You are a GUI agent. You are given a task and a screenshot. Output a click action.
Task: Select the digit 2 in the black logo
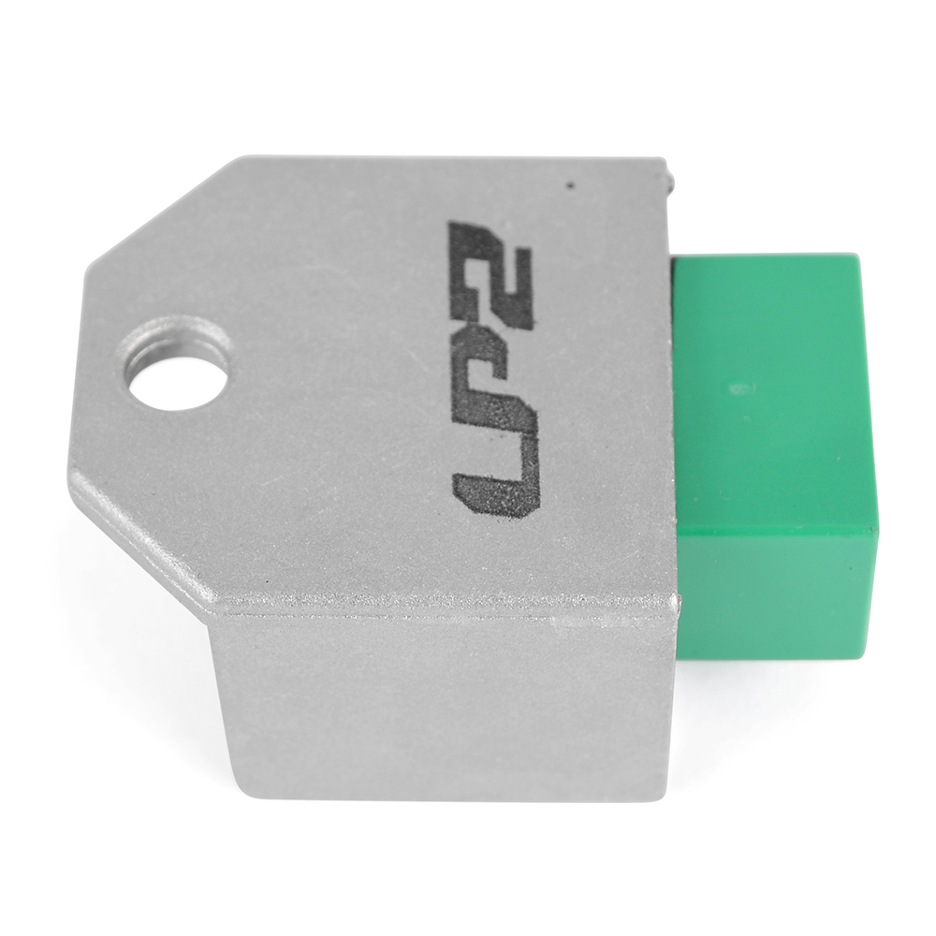[x=490, y=272]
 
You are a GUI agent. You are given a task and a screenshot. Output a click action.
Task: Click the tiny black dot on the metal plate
[x=571, y=185]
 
